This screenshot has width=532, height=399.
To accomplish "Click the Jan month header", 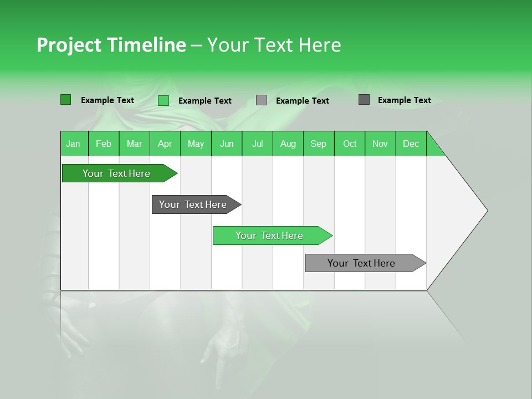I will point(73,144).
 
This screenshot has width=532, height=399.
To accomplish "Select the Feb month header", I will point(104,144).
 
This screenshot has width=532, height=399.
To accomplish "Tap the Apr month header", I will point(165,144).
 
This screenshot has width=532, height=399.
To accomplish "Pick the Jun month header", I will point(227,144).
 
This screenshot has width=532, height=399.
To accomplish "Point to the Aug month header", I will point(288,144).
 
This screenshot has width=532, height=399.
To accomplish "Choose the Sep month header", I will point(318,144).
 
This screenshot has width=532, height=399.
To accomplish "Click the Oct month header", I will point(350,144).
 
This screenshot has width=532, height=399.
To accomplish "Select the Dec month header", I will point(411,144).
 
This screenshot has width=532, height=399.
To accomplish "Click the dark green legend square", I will point(65,100).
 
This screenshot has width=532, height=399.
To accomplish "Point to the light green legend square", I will point(163,100).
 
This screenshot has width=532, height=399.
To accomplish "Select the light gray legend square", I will point(262,100).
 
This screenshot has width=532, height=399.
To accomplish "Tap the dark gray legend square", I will point(364,100).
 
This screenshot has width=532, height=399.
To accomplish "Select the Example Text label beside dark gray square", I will point(404,100).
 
